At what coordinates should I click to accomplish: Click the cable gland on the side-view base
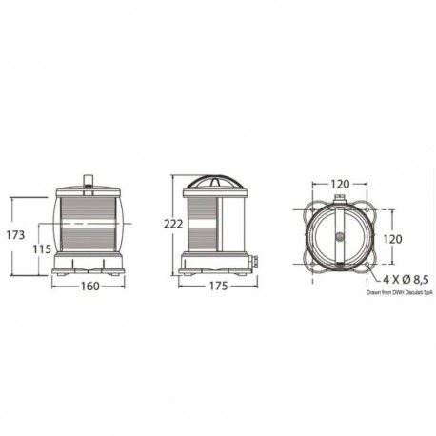click(x=255, y=258)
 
